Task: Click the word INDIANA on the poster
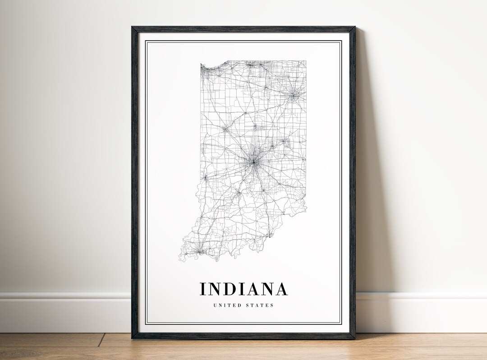tap(243, 289)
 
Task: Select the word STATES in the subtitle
tap(259, 305)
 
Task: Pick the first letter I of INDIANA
tap(203, 289)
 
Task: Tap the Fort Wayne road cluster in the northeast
tap(294, 95)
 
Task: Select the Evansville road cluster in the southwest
tap(197, 248)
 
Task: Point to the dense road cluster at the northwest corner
tap(206, 69)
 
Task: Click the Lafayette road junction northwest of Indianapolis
tap(225, 129)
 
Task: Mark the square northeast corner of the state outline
tap(305, 61)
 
